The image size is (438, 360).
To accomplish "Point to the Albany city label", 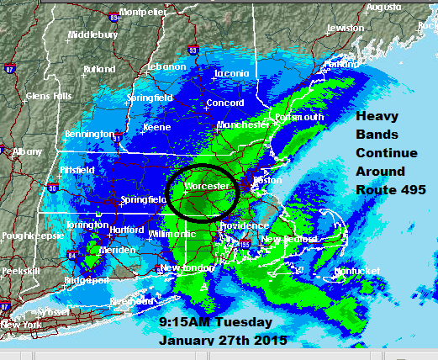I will click(27, 152).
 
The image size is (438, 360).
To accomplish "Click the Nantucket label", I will click(356, 271).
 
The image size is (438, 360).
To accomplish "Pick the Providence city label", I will click(244, 226).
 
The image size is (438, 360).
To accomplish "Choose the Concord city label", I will click(224, 103).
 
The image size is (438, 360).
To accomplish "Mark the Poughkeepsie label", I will click(26, 238).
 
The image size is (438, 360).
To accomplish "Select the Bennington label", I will click(89, 135).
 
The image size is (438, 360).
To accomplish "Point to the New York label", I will click(21, 325).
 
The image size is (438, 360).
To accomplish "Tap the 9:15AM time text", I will click(183, 323).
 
